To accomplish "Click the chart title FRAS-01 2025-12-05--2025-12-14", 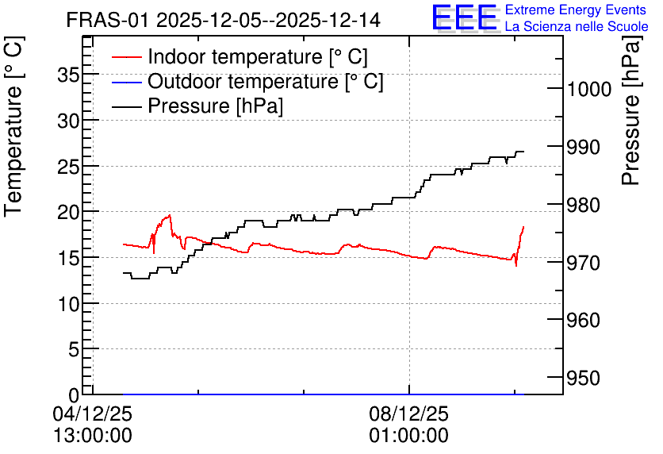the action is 224,21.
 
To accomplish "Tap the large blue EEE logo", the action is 465,17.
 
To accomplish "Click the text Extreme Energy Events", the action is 576,10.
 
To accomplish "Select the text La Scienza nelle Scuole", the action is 577,26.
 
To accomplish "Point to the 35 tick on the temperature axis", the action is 68,75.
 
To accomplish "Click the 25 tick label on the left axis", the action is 68,167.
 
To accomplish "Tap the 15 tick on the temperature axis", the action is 68,259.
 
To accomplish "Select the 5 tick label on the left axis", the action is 74,350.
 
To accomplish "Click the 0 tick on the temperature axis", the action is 74,395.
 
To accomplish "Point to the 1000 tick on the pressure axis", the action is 589,89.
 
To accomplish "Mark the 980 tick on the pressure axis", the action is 583,206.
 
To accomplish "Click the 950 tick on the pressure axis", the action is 583,379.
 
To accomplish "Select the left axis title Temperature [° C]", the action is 13,127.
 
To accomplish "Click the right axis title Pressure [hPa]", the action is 632,110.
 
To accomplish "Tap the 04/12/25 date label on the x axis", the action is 93,414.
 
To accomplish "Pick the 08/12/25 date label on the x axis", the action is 409,414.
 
